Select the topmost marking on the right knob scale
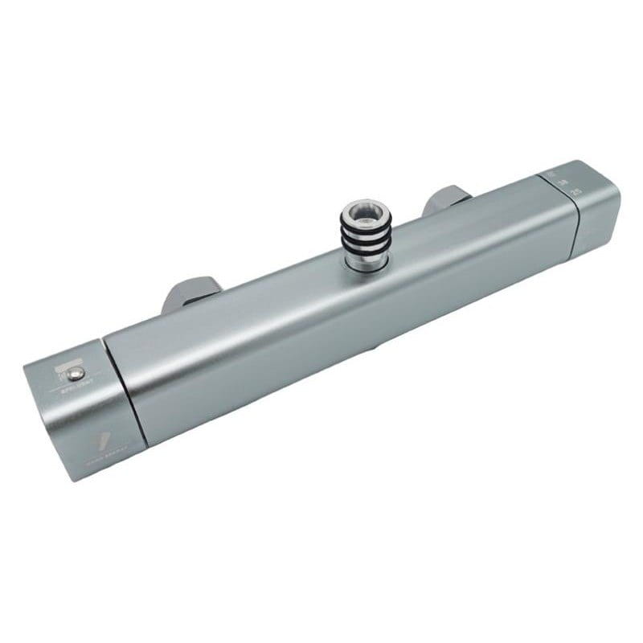pyautogui.click(x=551, y=174)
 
